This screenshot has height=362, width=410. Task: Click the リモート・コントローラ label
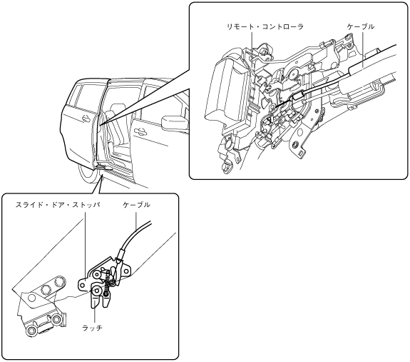pyautogui.click(x=265, y=26)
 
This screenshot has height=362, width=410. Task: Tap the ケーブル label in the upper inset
pyautogui.click(x=361, y=26)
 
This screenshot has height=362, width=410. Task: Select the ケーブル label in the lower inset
pyautogui.click(x=136, y=205)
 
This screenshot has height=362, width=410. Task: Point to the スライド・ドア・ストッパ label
pyautogui.click(x=58, y=205)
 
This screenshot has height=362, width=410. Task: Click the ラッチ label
pyautogui.click(x=92, y=328)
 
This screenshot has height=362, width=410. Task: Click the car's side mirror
pyautogui.click(x=175, y=123)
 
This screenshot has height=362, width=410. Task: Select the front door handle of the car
pyautogui.click(x=140, y=131)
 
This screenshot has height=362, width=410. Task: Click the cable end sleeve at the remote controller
pyautogui.click(x=297, y=96)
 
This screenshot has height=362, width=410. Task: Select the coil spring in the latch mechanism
pyautogui.click(x=107, y=285)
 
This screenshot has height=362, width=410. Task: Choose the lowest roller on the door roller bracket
pyautogui.click(x=31, y=330)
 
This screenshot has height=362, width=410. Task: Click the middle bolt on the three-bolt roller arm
pyautogui.click(x=46, y=289)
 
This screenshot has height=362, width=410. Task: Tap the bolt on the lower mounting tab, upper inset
pyautogui.click(x=295, y=144)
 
